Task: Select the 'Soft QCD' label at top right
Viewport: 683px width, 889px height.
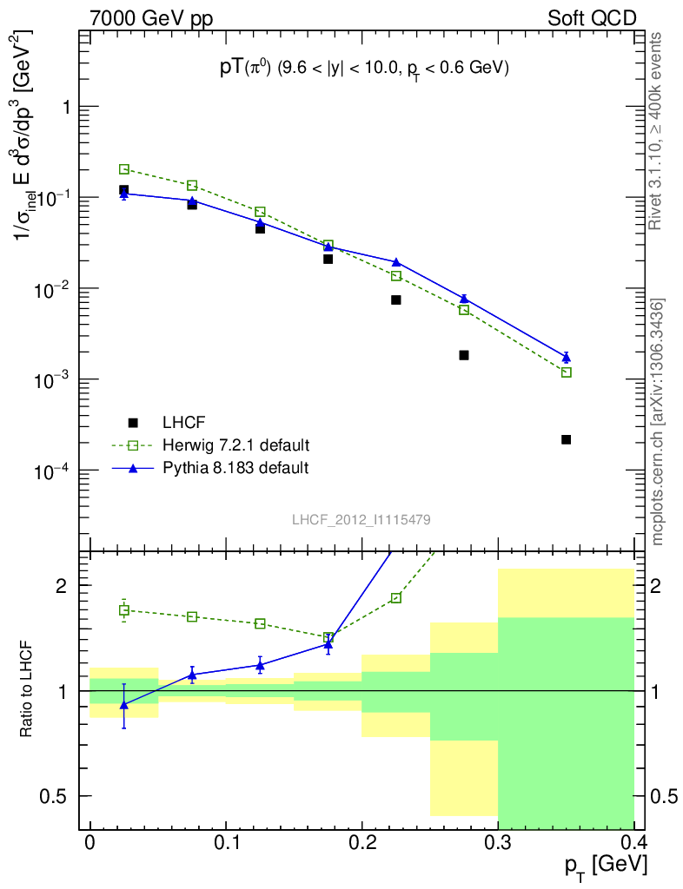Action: [592, 17]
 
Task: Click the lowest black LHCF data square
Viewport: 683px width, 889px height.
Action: [566, 439]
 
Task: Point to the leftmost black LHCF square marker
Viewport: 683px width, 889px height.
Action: [124, 190]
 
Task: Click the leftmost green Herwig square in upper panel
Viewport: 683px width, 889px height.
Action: [124, 169]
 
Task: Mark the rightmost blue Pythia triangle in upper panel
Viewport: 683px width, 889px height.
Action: [566, 358]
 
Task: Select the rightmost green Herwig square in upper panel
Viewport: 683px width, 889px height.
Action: [566, 372]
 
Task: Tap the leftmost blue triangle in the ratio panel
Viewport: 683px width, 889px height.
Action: [124, 704]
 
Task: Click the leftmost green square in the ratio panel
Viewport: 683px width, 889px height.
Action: [124, 610]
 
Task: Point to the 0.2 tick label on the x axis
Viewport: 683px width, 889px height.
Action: [361, 843]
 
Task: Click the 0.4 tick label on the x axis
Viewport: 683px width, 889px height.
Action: [633, 843]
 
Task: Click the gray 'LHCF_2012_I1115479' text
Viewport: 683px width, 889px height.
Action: [361, 519]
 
